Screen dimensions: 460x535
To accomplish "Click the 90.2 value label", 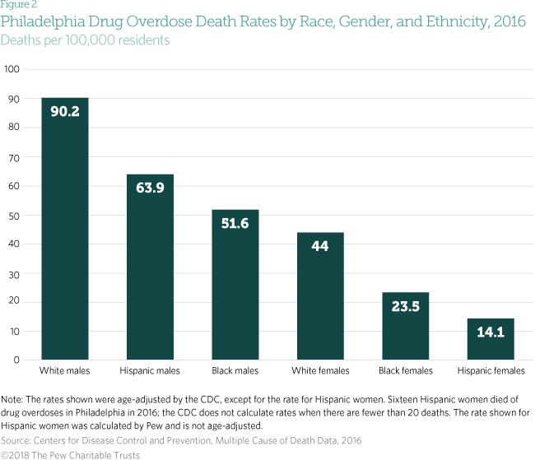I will (x=65, y=111).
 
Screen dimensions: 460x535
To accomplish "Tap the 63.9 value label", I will (x=150, y=188).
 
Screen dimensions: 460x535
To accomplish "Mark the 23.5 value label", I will (x=405, y=307).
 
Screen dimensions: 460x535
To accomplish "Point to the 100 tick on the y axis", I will (x=12, y=69).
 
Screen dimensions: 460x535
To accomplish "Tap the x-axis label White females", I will (x=320, y=371).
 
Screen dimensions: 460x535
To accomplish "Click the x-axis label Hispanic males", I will (x=150, y=371).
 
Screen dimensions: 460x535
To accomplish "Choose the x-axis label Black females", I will (x=405, y=371).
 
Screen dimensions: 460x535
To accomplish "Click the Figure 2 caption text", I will (x=18, y=4).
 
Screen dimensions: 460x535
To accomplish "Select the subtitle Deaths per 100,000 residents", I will (x=85, y=39).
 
